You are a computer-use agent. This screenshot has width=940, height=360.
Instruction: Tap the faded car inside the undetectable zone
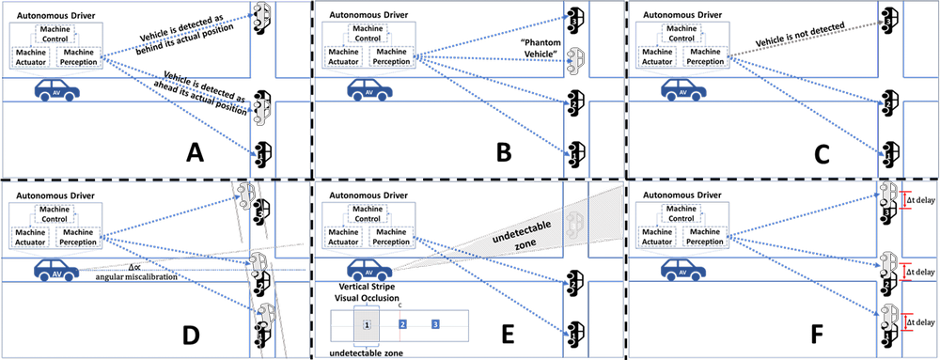point(574,225)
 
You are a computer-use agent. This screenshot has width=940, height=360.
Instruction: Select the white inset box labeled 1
point(368,324)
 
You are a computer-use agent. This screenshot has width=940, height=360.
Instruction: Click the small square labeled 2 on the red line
point(402,324)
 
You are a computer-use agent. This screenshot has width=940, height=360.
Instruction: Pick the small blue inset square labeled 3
point(435,324)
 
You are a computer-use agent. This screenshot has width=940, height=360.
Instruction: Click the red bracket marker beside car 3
point(906,199)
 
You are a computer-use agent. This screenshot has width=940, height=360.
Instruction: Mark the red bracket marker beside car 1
point(906,322)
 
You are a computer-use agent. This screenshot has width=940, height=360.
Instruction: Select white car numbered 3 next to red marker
point(886,196)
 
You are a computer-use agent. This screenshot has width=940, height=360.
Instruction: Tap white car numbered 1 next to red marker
point(886,318)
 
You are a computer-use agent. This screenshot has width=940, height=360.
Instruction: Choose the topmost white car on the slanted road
point(246,196)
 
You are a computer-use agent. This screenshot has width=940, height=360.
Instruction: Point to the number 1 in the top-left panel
point(259,155)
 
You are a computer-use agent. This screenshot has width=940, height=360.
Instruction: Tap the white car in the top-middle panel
point(575,58)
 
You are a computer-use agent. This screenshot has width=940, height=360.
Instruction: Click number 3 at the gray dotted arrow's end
point(886,21)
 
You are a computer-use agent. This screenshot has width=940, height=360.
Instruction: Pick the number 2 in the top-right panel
point(886,104)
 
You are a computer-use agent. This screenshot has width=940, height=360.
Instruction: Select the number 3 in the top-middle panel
point(573,19)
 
